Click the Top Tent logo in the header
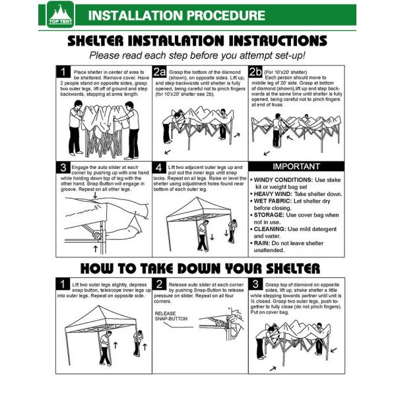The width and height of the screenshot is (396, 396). click(60, 15)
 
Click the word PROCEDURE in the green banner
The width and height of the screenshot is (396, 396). click(226, 15)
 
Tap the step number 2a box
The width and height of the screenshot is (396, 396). click(159, 72)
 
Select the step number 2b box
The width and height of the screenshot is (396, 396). click(255, 72)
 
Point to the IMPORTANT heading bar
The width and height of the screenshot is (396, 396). click(296, 166)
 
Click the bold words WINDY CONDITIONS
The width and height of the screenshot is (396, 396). click(283, 180)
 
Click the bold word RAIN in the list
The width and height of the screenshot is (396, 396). click(261, 243)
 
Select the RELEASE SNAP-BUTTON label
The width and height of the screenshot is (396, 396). click(171, 316)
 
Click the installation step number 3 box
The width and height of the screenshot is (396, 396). click(63, 168)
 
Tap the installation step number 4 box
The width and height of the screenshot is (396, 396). click(159, 168)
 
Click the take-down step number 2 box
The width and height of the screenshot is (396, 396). click(159, 284)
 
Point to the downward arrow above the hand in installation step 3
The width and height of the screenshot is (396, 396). click(95, 195)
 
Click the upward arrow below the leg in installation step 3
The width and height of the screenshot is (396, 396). click(95, 249)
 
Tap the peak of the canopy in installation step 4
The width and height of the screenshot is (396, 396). click(197, 197)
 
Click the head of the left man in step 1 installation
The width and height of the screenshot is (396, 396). click(78, 104)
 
